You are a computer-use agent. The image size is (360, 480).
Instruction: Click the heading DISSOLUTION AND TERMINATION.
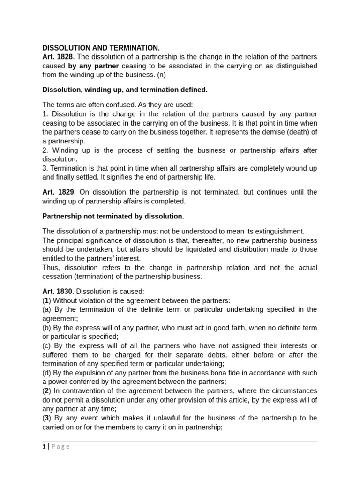point(101,48)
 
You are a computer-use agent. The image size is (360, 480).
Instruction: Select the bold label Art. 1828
point(57,57)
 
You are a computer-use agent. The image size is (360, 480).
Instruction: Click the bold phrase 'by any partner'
point(93,66)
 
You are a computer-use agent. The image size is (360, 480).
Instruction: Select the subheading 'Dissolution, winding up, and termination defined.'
point(125,90)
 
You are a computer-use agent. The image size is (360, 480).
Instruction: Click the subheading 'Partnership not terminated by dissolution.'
point(113,216)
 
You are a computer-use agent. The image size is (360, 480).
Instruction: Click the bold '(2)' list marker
point(46,391)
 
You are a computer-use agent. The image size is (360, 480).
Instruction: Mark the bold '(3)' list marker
point(46,418)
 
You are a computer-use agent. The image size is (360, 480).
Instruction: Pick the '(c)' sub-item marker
point(46,346)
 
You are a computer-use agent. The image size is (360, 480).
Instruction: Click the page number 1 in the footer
point(44,447)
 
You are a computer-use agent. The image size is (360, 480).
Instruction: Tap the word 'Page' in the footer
point(60,447)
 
